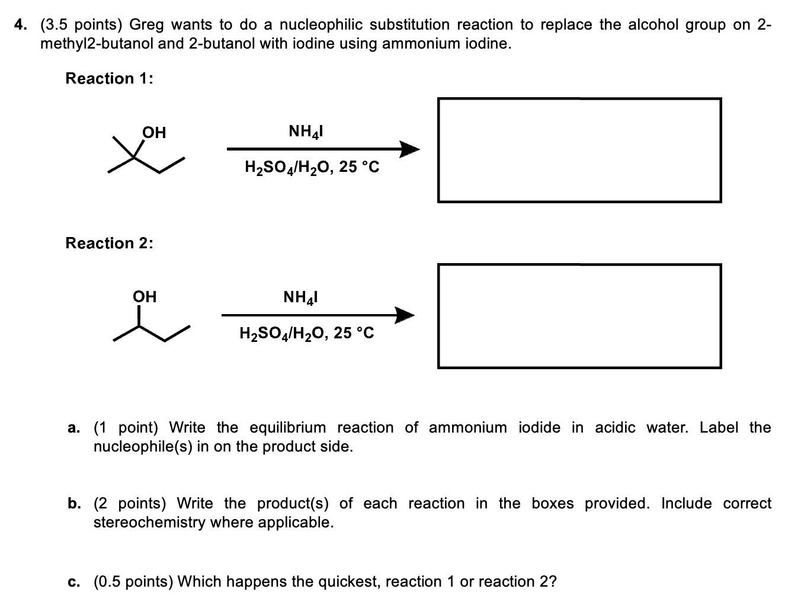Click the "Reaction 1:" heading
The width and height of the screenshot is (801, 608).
pyautogui.click(x=109, y=78)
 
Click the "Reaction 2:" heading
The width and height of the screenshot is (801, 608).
pyautogui.click(x=109, y=243)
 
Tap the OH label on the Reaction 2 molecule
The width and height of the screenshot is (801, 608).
pyautogui.click(x=145, y=296)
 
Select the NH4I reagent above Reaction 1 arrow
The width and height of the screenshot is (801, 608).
pyautogui.click(x=305, y=131)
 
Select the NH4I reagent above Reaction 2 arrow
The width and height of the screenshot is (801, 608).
pyautogui.click(x=300, y=297)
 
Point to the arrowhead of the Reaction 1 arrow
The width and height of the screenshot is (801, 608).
pyautogui.click(x=409, y=149)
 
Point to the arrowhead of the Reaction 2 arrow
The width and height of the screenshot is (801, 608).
pyautogui.click(x=404, y=315)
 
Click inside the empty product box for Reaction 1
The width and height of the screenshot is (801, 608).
pyautogui.click(x=579, y=151)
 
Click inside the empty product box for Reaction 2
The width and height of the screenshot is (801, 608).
pyautogui.click(x=579, y=316)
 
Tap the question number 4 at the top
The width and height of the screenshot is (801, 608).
pyautogui.click(x=21, y=25)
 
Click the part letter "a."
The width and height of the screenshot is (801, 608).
pyautogui.click(x=74, y=428)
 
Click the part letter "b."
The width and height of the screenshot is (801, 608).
pyautogui.click(x=74, y=504)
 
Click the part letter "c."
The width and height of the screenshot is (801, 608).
pyautogui.click(x=74, y=582)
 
